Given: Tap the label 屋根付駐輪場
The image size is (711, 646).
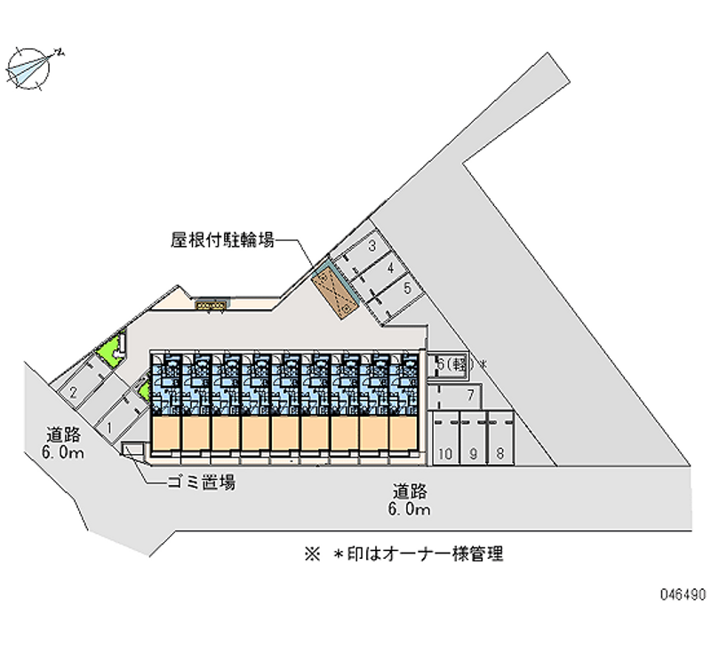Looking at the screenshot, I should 222,239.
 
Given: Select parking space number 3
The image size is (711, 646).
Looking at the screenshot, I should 373,246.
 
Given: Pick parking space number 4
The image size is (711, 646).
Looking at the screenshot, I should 390,267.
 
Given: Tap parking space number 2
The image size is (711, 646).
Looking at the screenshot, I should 73,392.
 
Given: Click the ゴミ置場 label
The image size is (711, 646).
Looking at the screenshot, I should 200,483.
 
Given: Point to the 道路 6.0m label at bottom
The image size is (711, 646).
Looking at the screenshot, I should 409,499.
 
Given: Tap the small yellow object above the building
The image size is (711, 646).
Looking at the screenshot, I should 212,305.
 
